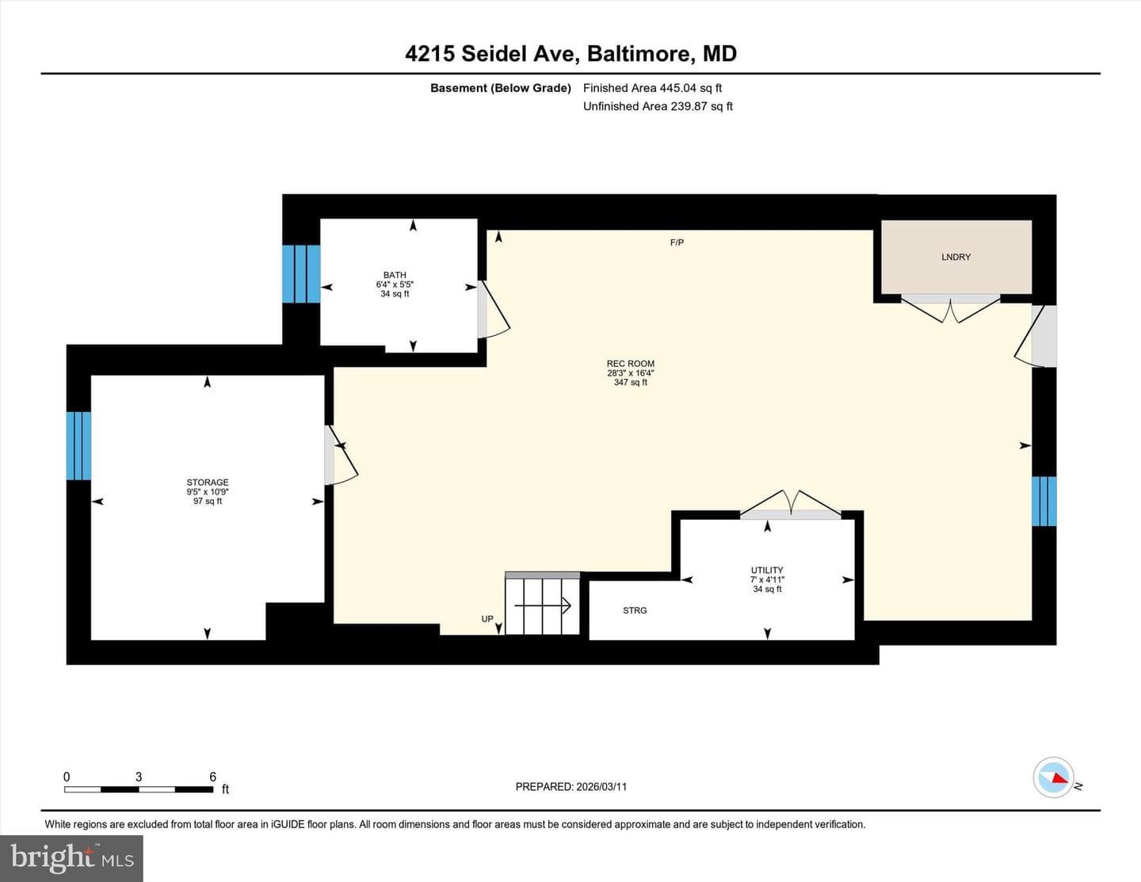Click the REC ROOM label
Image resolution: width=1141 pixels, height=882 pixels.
click(x=630, y=363)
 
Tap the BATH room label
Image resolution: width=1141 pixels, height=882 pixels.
click(x=395, y=274)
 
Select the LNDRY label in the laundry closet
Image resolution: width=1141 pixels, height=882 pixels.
click(x=956, y=257)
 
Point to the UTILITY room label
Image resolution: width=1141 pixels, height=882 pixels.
click(x=767, y=570)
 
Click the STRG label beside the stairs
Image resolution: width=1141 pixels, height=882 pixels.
click(x=635, y=610)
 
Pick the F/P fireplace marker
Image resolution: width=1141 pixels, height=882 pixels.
click(x=677, y=242)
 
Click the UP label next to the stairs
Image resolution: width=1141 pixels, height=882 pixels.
click(x=487, y=618)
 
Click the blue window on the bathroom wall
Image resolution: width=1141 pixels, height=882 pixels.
click(x=301, y=274)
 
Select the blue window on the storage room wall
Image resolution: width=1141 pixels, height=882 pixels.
click(x=78, y=445)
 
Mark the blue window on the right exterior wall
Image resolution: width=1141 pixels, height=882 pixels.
click(x=1044, y=501)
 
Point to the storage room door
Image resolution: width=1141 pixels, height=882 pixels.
click(x=341, y=455)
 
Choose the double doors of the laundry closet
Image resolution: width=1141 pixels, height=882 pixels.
click(x=950, y=308)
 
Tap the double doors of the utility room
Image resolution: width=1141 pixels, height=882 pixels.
click(x=790, y=505)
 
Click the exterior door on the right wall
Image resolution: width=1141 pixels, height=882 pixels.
click(x=1035, y=336)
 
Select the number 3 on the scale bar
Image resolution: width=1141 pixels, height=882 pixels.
click(x=139, y=777)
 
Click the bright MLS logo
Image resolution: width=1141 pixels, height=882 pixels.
click(x=72, y=858)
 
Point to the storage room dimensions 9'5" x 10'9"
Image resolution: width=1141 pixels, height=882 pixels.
click(x=208, y=492)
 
